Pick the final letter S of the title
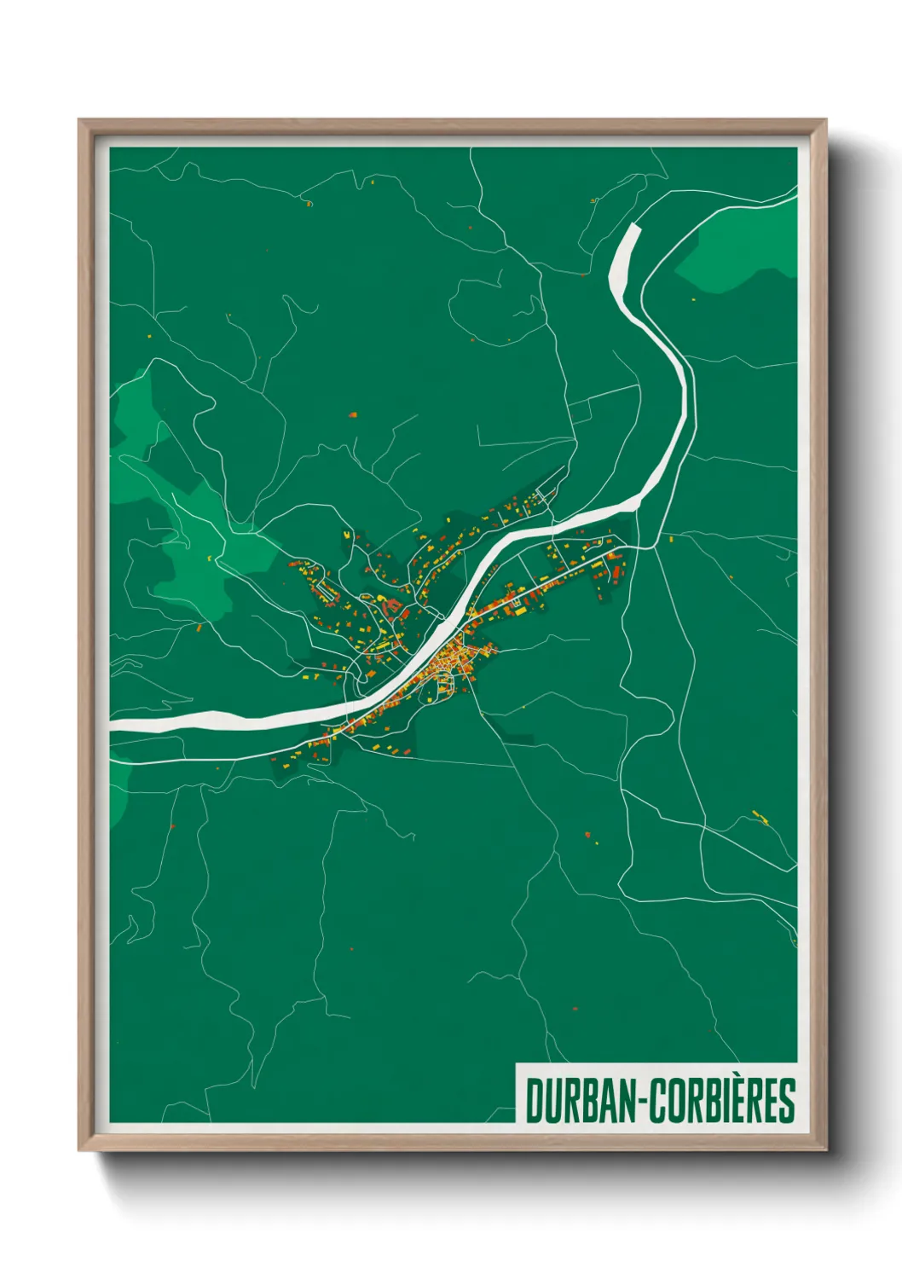pos(788,1101)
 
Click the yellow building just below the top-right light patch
pos(692,299)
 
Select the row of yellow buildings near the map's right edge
pos(760,818)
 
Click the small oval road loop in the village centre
pos(442,681)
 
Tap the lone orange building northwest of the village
pos(353,414)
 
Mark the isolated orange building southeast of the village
pos(587,832)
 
